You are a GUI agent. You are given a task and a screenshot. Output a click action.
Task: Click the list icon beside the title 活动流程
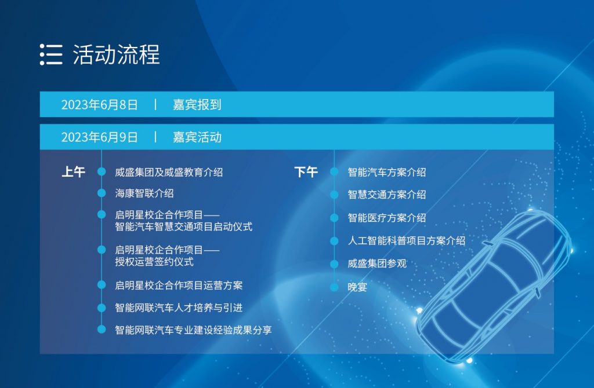[51, 54]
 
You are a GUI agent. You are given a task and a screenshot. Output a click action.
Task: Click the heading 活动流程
[116, 54]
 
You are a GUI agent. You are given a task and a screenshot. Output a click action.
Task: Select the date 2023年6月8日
[99, 105]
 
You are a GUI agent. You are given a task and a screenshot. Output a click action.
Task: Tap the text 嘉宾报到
[197, 105]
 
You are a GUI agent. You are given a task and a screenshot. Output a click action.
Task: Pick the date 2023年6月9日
[99, 137]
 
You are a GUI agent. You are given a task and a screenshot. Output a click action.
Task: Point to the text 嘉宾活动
[197, 137]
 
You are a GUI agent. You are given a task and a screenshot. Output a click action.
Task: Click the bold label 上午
[74, 172]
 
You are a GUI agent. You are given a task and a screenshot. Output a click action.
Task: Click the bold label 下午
[306, 172]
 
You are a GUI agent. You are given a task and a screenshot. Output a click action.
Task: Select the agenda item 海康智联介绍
[144, 193]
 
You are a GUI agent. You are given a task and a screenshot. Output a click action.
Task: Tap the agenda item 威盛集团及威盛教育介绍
[169, 173]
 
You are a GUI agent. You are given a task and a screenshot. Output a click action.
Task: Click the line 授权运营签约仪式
[154, 262]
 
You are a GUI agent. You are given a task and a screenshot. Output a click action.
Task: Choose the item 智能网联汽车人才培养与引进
[179, 308]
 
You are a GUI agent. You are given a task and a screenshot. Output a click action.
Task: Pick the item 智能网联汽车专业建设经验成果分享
[193, 330]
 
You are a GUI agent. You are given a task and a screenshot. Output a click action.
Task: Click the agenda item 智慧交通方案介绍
[387, 195]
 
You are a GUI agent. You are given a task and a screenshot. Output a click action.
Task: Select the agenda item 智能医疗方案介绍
[387, 218]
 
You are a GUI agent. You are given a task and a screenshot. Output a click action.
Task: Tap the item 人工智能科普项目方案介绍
[407, 241]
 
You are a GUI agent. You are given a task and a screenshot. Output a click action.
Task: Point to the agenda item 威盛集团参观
[377, 263]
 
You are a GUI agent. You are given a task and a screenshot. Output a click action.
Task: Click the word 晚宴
[357, 287]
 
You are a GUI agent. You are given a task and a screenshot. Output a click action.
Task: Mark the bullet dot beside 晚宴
[334, 287]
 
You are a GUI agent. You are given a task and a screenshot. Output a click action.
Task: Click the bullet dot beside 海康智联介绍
[102, 193]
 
